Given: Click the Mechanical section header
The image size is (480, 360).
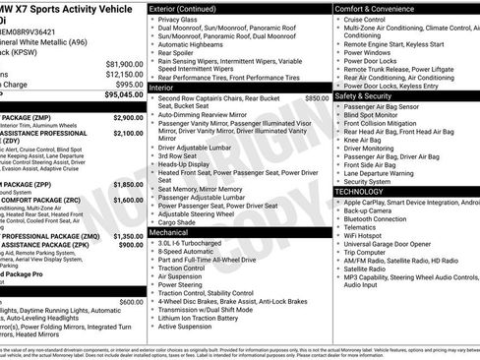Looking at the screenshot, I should tap(176, 232).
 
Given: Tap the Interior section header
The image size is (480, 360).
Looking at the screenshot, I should tap(167, 88).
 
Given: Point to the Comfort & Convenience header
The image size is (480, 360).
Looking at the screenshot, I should tap(378, 8).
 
